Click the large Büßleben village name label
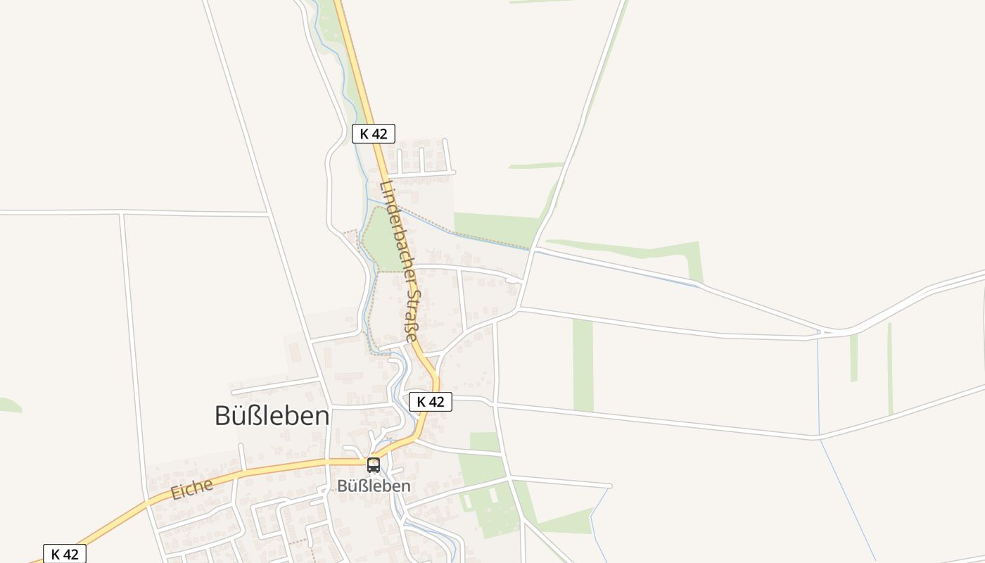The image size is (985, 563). pos(272,416)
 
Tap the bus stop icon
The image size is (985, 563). pos(374,465)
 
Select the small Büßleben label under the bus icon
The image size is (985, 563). pos(374,486)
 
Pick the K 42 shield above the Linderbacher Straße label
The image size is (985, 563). pos(374,134)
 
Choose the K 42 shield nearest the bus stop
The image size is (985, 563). pos(430,402)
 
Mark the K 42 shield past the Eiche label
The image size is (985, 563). pos(65,554)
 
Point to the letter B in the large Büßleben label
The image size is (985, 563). pos(223,416)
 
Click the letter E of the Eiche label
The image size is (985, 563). pos(176,493)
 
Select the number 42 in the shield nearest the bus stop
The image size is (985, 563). pos(436,402)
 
